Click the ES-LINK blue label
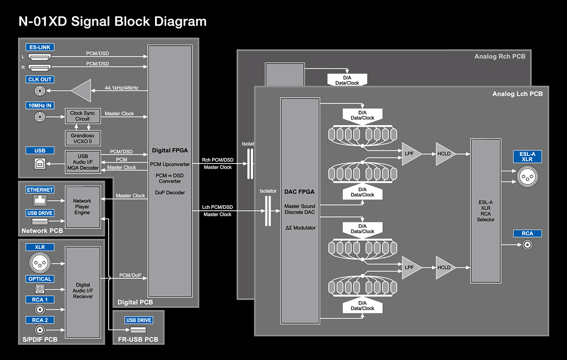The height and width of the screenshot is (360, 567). [40, 47]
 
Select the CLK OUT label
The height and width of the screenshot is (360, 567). [40, 80]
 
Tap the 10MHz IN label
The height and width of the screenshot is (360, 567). [40, 106]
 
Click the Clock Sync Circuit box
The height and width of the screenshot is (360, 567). [82, 116]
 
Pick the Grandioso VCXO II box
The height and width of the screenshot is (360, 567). [82, 137]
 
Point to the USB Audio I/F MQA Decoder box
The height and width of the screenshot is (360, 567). [82, 162]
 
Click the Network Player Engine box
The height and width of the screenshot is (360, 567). [82, 207]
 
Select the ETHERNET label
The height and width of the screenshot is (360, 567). [40, 189]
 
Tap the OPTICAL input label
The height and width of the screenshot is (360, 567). [40, 279]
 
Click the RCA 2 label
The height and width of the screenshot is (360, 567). [40, 320]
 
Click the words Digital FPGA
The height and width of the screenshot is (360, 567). [170, 151]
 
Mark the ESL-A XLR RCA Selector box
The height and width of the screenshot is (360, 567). [486, 211]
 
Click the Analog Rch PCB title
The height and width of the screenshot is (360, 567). [499, 57]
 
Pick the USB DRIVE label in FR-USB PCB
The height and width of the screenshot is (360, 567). [138, 320]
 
